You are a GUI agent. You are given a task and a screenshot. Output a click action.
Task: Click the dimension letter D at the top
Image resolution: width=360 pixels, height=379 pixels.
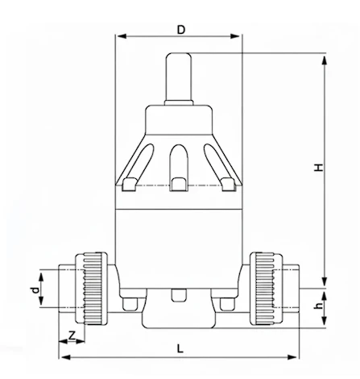181,30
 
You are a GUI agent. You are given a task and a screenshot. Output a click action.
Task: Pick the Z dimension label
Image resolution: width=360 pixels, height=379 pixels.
72,334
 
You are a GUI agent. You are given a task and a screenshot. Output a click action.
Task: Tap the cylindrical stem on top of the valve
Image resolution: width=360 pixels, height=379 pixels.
178,77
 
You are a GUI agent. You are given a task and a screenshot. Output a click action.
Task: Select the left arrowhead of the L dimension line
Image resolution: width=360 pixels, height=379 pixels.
63,356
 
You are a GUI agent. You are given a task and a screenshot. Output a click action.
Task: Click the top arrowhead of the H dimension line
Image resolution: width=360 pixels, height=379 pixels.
325,57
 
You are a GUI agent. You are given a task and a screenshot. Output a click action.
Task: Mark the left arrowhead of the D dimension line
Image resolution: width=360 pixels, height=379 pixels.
119,36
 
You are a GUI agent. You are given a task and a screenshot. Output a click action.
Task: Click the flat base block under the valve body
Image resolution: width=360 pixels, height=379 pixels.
178,316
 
